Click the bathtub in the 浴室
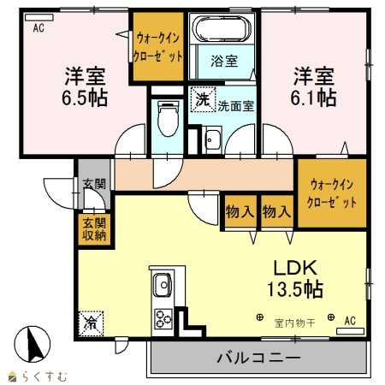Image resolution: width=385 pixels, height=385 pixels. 222,28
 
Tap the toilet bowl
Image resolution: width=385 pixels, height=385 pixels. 168,119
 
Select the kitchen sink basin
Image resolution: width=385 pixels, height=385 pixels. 163,285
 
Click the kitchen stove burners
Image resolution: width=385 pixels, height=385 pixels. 163,318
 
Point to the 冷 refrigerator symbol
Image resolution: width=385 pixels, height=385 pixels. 91,323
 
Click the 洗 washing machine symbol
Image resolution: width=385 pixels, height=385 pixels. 203,99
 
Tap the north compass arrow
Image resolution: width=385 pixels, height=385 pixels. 35,344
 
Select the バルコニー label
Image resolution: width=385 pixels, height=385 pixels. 258,358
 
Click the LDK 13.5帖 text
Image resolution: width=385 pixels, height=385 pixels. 295,278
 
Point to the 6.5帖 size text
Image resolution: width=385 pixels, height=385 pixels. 85,98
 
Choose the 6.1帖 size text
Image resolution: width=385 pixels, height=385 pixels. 313,98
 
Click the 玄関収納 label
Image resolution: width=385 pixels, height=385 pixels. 94,229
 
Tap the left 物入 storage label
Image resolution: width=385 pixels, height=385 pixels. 240,211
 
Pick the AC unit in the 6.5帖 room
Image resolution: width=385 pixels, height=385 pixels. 39,17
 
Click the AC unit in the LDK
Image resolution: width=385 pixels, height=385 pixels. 350,331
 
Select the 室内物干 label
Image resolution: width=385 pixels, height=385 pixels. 294,323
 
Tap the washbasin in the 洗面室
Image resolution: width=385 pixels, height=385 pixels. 213,139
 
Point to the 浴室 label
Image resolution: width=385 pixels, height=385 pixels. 224,61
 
